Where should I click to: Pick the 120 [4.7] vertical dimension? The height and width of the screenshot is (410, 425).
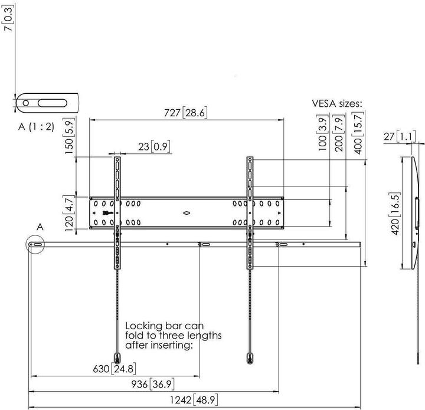click(x=69, y=213)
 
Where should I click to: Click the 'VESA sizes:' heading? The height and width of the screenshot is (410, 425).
click(x=337, y=104)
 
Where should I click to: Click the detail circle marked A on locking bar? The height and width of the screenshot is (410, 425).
click(x=35, y=245)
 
